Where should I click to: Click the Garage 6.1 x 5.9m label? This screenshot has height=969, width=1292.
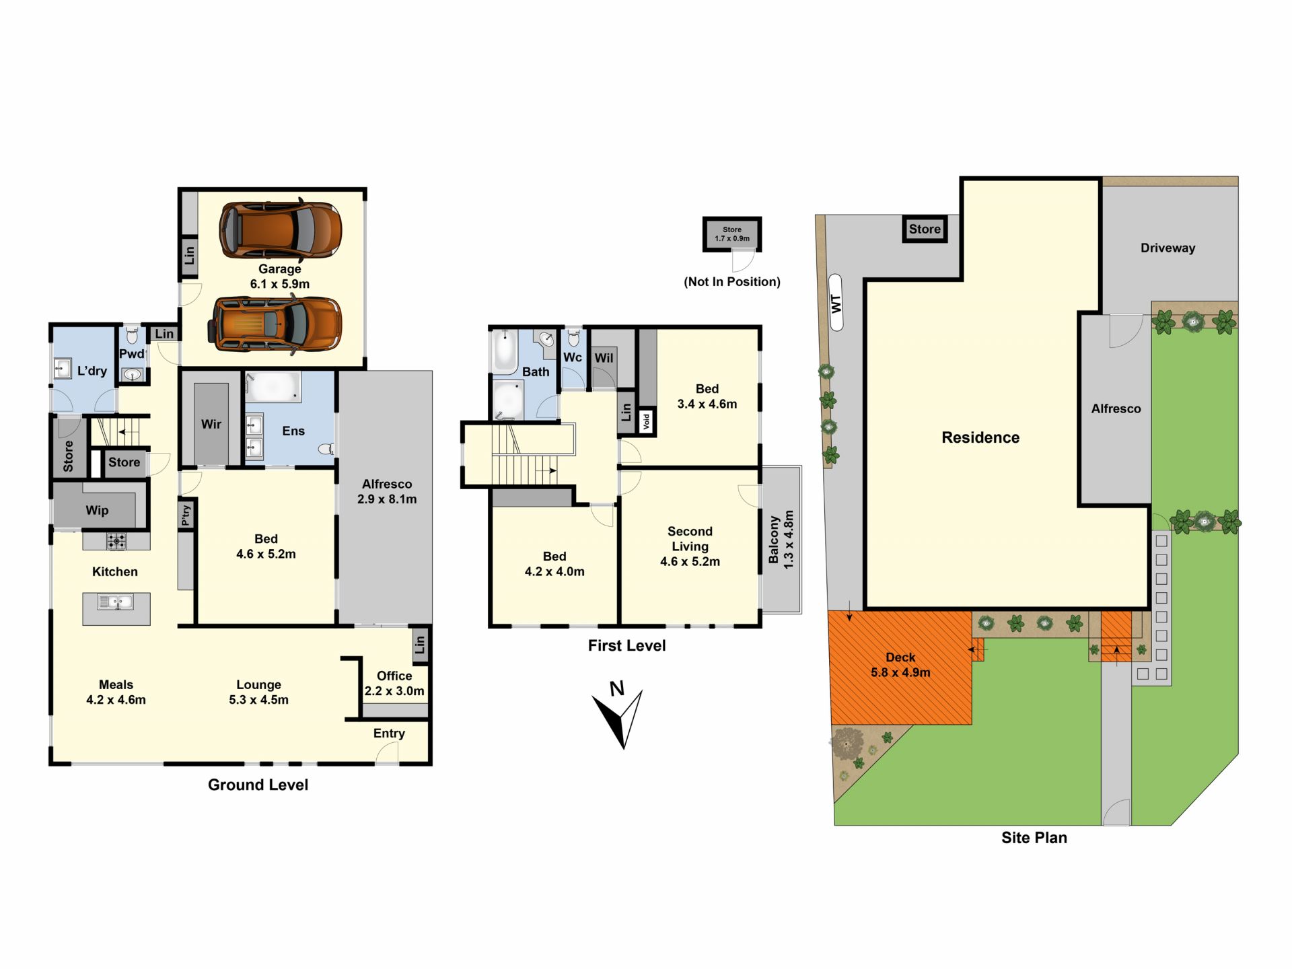280,277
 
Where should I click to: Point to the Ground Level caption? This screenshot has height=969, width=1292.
258,785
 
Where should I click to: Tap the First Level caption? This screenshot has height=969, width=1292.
626,645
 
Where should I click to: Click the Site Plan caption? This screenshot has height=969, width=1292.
1034,838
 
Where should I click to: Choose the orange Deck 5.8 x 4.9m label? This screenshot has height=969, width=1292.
900,665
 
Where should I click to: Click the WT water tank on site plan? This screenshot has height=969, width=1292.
836,302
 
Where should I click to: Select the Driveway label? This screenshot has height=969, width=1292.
1168,248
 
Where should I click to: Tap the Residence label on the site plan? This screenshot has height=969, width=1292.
980,437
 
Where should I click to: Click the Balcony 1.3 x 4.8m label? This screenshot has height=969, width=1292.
781,540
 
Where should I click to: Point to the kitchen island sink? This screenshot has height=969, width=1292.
116,602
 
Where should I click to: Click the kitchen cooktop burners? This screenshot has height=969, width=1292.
116,540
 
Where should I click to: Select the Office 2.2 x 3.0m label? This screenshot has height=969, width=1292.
394,683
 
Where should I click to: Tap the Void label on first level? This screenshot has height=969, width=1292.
647,422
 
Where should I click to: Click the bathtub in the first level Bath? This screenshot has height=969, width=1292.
504,351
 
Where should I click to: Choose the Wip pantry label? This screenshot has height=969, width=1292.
97,510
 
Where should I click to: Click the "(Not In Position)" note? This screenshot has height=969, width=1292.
732,282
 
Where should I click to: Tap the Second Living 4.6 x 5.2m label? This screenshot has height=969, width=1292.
690,546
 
